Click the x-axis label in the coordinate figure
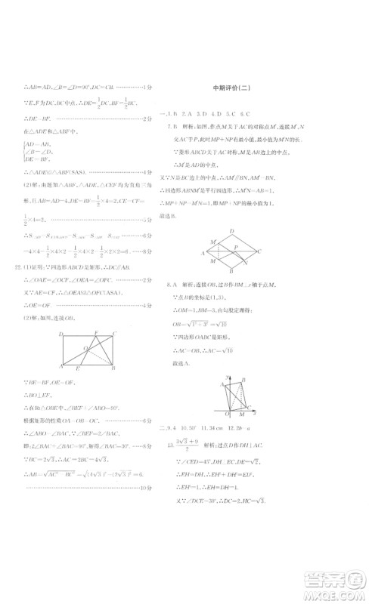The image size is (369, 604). pyautogui.click(x=259, y=413)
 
